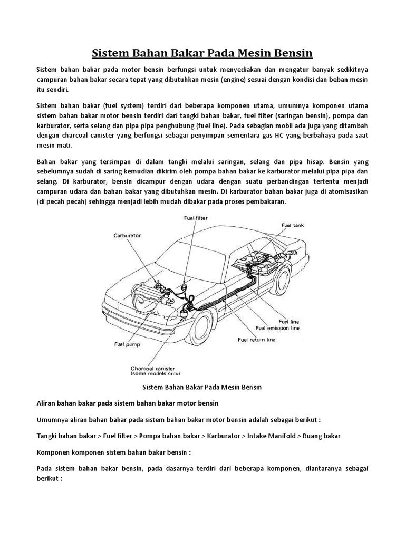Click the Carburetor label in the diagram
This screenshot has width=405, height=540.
click(x=128, y=236)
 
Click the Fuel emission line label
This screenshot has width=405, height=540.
click(x=277, y=327)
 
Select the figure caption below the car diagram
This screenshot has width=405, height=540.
click(x=202, y=387)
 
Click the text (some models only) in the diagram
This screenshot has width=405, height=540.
click(x=153, y=373)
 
